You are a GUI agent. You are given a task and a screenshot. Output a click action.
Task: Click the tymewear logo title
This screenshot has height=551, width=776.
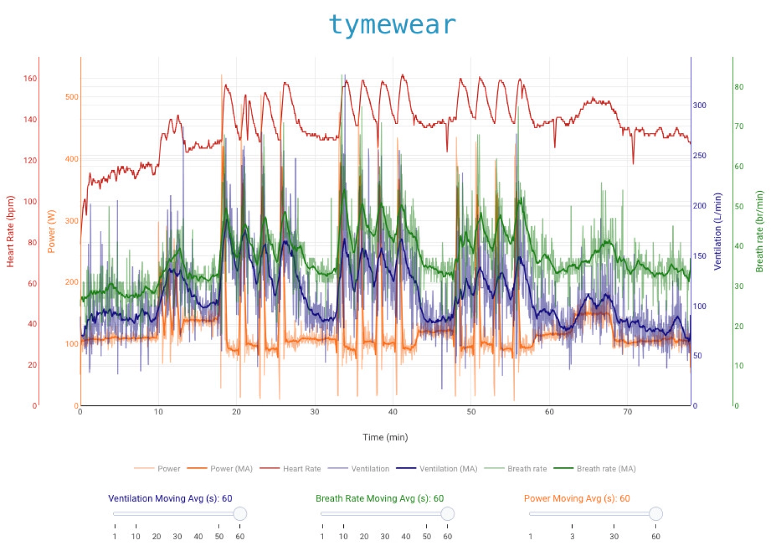tap(391, 25)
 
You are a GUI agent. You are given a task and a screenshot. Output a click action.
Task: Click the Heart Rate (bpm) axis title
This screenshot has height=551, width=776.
tap(10, 232)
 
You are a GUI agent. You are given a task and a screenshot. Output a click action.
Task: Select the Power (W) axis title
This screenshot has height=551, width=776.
tap(51, 232)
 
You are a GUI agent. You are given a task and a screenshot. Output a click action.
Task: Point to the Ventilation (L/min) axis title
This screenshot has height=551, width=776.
tap(718, 232)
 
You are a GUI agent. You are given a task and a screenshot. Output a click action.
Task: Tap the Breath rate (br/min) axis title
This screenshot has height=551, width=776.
tap(760, 232)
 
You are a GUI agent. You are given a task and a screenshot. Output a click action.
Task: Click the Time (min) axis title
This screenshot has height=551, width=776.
tap(385, 437)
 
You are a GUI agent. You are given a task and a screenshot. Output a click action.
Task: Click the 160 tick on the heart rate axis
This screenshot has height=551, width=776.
tap(30, 78)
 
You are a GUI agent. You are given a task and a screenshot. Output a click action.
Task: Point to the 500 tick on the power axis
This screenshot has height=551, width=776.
tap(72, 97)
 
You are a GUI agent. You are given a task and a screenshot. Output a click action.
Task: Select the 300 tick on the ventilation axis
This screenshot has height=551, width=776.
tap(699, 105)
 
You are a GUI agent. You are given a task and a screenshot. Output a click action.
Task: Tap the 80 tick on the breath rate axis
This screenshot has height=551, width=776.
tap(739, 87)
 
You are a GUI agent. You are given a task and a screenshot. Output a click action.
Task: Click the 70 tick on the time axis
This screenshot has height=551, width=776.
tap(627, 412)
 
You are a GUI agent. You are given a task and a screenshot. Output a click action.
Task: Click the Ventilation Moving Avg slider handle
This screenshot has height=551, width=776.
tap(240, 513)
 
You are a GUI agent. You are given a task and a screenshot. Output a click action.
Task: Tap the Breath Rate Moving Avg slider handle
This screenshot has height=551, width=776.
tap(448, 513)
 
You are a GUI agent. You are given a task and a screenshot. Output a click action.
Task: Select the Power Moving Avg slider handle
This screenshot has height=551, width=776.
tap(656, 513)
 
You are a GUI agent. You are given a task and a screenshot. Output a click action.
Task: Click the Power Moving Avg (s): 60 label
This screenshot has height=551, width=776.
tap(577, 498)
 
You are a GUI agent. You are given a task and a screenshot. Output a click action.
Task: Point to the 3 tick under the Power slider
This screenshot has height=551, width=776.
tap(572, 536)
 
